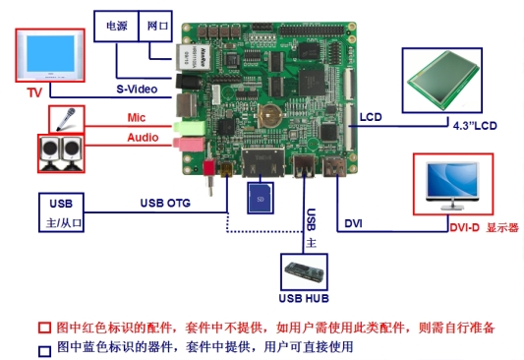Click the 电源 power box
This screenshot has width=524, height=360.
(x=116, y=24)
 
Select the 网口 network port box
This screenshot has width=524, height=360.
(x=158, y=24)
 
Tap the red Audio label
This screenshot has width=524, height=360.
(x=143, y=138)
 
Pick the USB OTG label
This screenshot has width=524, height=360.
(x=164, y=204)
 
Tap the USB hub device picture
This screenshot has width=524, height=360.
(x=305, y=268)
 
